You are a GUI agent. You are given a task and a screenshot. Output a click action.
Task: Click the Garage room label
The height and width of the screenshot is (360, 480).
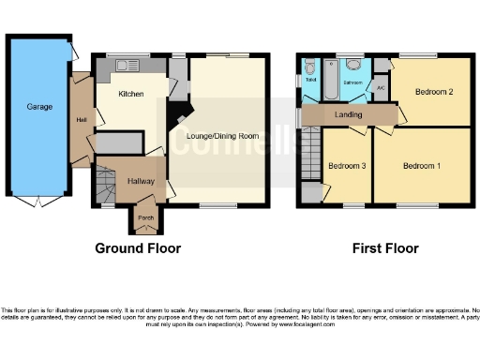point(39,107)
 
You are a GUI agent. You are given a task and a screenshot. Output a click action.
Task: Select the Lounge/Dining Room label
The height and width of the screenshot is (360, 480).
point(222,137)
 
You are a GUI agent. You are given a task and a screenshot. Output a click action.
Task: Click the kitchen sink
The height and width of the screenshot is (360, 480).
point(125,65)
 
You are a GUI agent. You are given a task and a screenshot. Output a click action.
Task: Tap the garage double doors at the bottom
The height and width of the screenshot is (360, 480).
point(37,201)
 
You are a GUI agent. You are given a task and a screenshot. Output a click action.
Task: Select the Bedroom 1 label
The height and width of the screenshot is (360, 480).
point(422,166)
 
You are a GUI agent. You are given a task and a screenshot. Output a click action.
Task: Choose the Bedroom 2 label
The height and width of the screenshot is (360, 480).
point(435,92)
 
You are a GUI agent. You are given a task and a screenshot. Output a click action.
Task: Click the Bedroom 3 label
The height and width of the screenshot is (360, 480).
point(346,166)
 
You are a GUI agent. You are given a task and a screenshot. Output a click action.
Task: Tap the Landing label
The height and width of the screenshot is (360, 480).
point(349,114)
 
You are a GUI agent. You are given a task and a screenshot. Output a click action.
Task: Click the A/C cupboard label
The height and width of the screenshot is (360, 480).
point(380,88)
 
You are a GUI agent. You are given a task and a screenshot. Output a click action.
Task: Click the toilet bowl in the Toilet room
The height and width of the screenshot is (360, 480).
point(309,67)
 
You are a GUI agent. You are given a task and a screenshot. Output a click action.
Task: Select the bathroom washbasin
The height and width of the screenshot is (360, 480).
point(353,66)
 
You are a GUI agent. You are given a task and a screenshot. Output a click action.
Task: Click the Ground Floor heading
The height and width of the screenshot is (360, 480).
point(138,248)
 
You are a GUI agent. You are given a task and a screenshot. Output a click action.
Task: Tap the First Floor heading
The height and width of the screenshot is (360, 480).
point(385,248)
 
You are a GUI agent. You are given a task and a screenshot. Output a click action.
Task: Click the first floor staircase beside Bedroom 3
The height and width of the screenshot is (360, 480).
point(310,155)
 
